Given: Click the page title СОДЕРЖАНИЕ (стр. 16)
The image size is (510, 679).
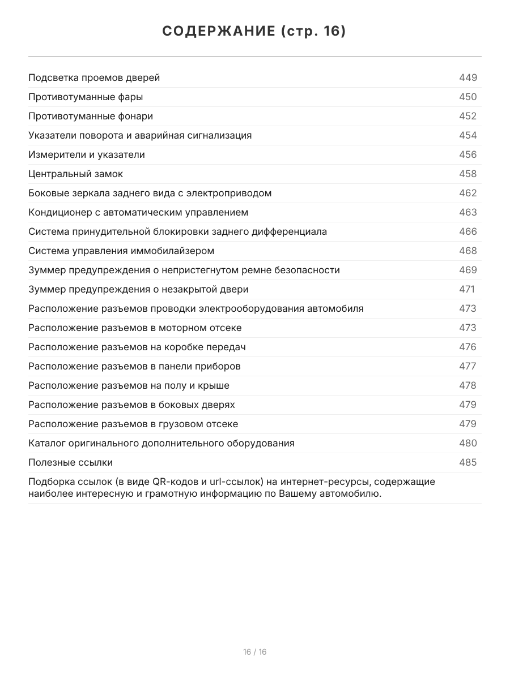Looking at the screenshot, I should click(254, 32).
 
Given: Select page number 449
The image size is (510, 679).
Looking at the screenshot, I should click(467, 78).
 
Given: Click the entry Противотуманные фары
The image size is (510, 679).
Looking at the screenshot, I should click(86, 97).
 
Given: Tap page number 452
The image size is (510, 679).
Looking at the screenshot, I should click(467, 116).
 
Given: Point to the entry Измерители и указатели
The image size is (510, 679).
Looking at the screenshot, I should click(87, 154).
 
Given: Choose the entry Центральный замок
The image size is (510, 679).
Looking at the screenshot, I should click(75, 174).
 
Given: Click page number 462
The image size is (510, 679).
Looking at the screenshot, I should click(467, 193).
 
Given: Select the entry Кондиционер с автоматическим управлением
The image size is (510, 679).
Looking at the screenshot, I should click(138, 212).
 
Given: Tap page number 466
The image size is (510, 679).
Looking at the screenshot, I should click(467, 231).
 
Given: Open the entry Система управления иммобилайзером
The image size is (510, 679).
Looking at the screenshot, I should click(121, 251).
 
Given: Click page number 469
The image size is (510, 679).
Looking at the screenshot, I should click(467, 270).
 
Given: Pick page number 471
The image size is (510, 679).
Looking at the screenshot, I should click(466, 289).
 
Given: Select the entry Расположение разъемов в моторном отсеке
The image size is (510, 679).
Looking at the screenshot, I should click(135, 328).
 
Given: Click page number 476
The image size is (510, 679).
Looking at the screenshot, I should click(467, 347).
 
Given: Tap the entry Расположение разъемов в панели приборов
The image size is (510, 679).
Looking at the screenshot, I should click(134, 366).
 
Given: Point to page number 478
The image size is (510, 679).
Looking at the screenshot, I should click(467, 385).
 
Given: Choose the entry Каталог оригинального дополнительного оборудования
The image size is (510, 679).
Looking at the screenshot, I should click(161, 443).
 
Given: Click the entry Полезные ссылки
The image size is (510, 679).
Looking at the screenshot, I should click(70, 462).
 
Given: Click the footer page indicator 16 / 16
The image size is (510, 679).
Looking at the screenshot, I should click(254, 652).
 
